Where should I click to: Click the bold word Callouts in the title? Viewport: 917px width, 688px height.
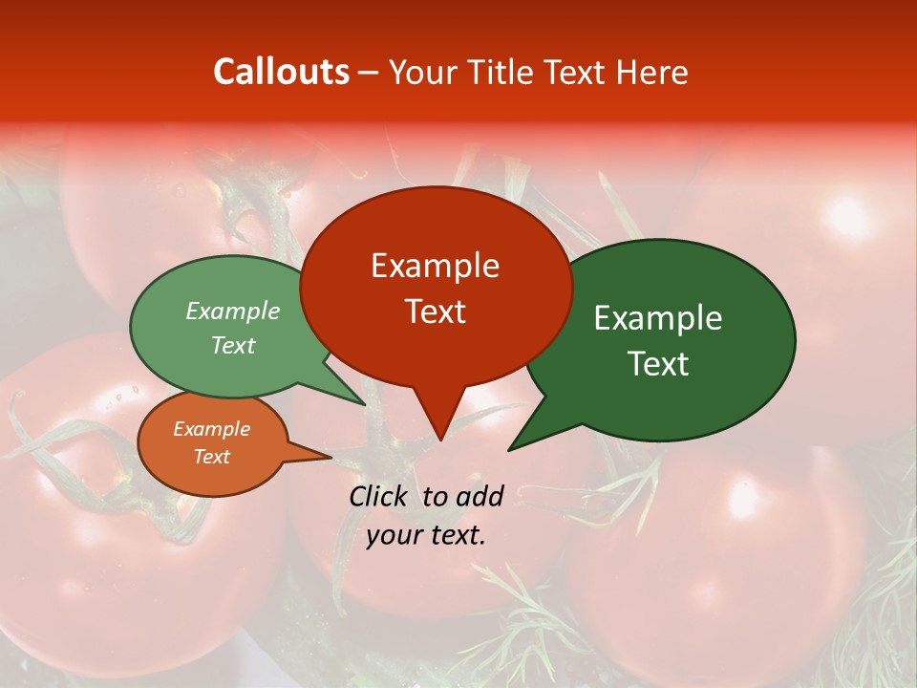pyautogui.click(x=281, y=72)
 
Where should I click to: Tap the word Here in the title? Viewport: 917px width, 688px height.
pyautogui.click(x=651, y=72)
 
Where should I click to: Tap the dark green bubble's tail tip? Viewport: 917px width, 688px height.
pyautogui.click(x=511, y=448)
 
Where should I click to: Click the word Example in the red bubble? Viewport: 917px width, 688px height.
pyautogui.click(x=435, y=266)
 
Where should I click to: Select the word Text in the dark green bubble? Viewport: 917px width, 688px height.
pyautogui.click(x=658, y=364)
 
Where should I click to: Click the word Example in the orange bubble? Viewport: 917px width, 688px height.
pyautogui.click(x=211, y=429)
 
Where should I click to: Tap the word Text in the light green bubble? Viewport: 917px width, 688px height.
pyautogui.click(x=233, y=346)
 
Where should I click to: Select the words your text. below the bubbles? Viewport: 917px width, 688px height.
pyautogui.click(x=425, y=535)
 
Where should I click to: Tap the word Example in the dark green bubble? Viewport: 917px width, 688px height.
pyautogui.click(x=657, y=318)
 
